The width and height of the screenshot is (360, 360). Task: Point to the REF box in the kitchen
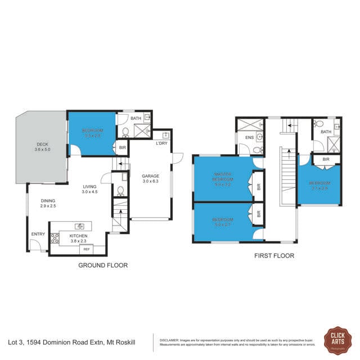point(86,249)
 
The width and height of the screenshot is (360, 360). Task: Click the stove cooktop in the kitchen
point(55,237)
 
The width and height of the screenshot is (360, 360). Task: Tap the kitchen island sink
point(79,227)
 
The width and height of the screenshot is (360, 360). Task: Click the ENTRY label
point(38,235)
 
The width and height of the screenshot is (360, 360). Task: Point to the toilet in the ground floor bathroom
point(125,133)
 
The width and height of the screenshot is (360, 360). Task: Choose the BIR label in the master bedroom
point(258,188)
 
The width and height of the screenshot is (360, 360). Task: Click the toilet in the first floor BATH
point(318,123)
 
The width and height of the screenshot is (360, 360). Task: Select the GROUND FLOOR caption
point(102,265)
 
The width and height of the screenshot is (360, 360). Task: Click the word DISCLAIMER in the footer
point(169,340)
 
